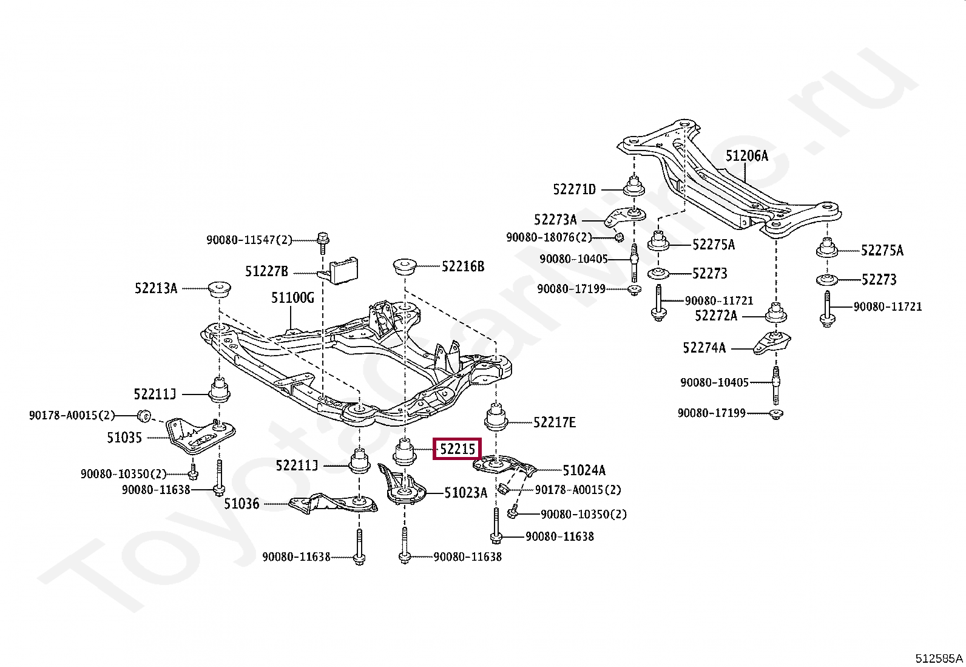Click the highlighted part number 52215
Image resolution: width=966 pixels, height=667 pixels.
tap(457, 449)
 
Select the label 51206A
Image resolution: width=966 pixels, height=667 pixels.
tap(747, 156)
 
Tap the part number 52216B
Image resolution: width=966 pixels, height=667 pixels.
tap(463, 266)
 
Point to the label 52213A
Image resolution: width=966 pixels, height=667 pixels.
tap(156, 288)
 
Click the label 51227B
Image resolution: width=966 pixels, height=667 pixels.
tap(266, 271)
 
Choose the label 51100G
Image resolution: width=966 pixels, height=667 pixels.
tap(293, 297)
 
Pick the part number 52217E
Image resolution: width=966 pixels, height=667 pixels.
tap(555, 422)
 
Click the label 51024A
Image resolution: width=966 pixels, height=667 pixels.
tap(584, 470)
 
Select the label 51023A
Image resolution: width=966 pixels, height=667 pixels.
tap(466, 493)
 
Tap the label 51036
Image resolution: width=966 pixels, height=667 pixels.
tap(241, 504)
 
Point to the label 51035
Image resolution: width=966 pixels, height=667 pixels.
tap(124, 438)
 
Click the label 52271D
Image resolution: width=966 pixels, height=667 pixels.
tap(575, 189)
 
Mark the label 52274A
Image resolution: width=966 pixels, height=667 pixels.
tap(704, 348)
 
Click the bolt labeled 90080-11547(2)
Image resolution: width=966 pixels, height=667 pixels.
tap(323, 243)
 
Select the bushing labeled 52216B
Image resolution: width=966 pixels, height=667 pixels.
tap(405, 267)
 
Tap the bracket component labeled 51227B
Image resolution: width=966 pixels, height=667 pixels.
tap(340, 271)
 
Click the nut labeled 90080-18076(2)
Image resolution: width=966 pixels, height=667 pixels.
tap(619, 237)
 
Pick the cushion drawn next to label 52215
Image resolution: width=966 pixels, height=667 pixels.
tap(404, 452)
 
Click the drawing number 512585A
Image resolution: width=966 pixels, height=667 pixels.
tap(939, 659)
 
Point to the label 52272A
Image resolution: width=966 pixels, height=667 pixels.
tap(716, 316)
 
